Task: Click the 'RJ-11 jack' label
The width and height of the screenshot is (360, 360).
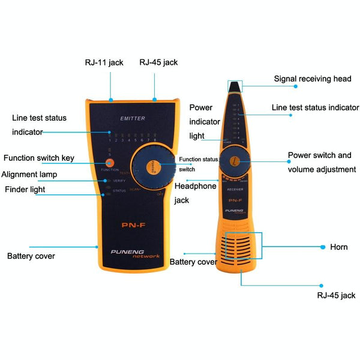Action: pos(103,62)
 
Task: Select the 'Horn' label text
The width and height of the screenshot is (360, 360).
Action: pos(338,247)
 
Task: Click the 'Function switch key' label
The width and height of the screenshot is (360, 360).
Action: pos(39,158)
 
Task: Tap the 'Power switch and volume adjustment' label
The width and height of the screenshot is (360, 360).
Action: pos(320,162)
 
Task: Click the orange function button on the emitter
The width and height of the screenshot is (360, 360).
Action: pos(109,162)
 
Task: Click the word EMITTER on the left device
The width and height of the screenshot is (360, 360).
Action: pos(133,119)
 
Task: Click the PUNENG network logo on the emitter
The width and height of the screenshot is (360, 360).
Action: pos(136,253)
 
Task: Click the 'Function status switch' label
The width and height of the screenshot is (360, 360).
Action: pos(199,164)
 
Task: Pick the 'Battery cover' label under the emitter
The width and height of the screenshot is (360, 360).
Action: pos(31,256)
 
